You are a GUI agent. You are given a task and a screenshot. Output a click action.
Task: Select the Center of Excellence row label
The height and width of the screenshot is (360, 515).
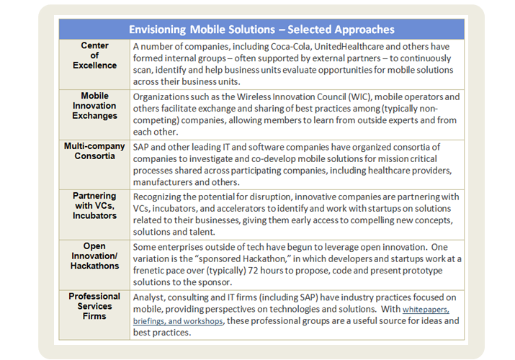click(x=94, y=55)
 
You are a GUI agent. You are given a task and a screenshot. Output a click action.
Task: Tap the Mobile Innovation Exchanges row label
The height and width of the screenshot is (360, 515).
click(x=94, y=106)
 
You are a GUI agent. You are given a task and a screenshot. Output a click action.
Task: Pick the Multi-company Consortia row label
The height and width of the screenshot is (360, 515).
click(x=94, y=152)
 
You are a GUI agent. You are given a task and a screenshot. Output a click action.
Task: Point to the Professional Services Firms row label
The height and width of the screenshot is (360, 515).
click(x=94, y=307)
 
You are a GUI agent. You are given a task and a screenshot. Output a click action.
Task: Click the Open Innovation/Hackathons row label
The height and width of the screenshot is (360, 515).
click(x=94, y=256)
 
